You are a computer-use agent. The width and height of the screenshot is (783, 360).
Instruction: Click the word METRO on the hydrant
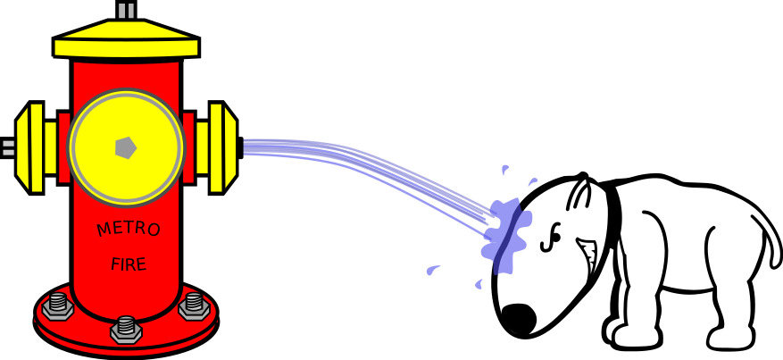[129, 230]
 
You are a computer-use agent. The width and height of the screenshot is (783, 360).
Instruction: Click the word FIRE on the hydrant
[129, 264]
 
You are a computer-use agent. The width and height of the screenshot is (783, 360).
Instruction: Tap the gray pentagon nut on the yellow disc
[126, 147]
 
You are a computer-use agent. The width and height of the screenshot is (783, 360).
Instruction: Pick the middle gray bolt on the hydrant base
[126, 329]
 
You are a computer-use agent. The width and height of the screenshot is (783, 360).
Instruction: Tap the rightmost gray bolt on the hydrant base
[193, 306]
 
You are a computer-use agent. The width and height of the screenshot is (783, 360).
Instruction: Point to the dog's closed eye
[554, 236]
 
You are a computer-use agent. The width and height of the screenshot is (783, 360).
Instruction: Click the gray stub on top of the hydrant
[126, 11]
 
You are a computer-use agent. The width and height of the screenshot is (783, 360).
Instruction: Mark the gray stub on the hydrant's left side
[8, 147]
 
